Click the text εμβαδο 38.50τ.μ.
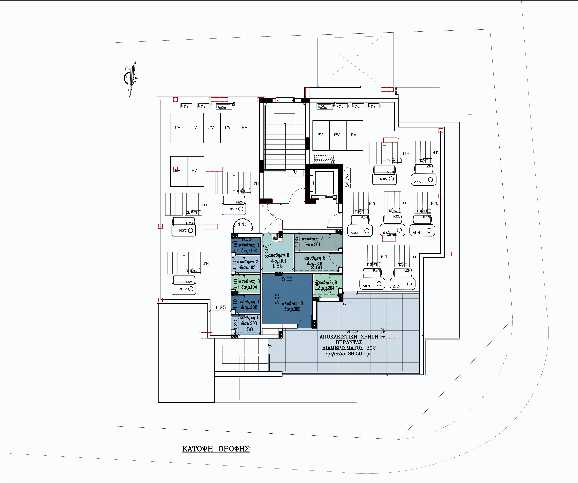tap(349, 354)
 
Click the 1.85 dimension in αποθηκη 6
tap(277, 266)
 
